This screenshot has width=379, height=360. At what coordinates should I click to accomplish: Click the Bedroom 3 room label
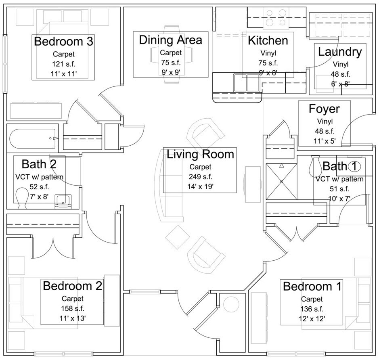pos(63,41)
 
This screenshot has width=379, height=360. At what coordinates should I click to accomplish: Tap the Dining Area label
pos(170,40)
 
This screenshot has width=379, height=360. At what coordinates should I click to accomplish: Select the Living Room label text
pos(200,154)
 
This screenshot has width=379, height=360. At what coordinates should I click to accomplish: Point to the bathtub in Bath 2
pos(32,139)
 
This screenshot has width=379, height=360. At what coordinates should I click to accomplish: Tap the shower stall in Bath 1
pos(281,182)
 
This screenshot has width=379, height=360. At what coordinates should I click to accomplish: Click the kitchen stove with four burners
pos(276,18)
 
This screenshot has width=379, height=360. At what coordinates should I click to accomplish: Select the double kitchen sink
pos(247,83)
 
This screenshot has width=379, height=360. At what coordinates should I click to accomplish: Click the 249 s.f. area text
pos(200,177)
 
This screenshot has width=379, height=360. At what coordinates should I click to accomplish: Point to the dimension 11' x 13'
pos(73,318)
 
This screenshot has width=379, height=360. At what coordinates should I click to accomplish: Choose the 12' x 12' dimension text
pos(312,319)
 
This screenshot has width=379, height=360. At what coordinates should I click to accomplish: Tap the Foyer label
pos(324,109)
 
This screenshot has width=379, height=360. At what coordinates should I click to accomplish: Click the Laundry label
pos(340,52)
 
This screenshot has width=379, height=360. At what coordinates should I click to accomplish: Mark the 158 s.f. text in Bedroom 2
pos(73,308)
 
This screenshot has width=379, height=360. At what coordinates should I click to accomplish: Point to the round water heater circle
pos(231,304)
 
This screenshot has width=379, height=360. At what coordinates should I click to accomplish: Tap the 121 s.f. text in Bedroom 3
pos(63,64)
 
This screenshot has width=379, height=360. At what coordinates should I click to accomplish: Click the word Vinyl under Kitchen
pos(268,53)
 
